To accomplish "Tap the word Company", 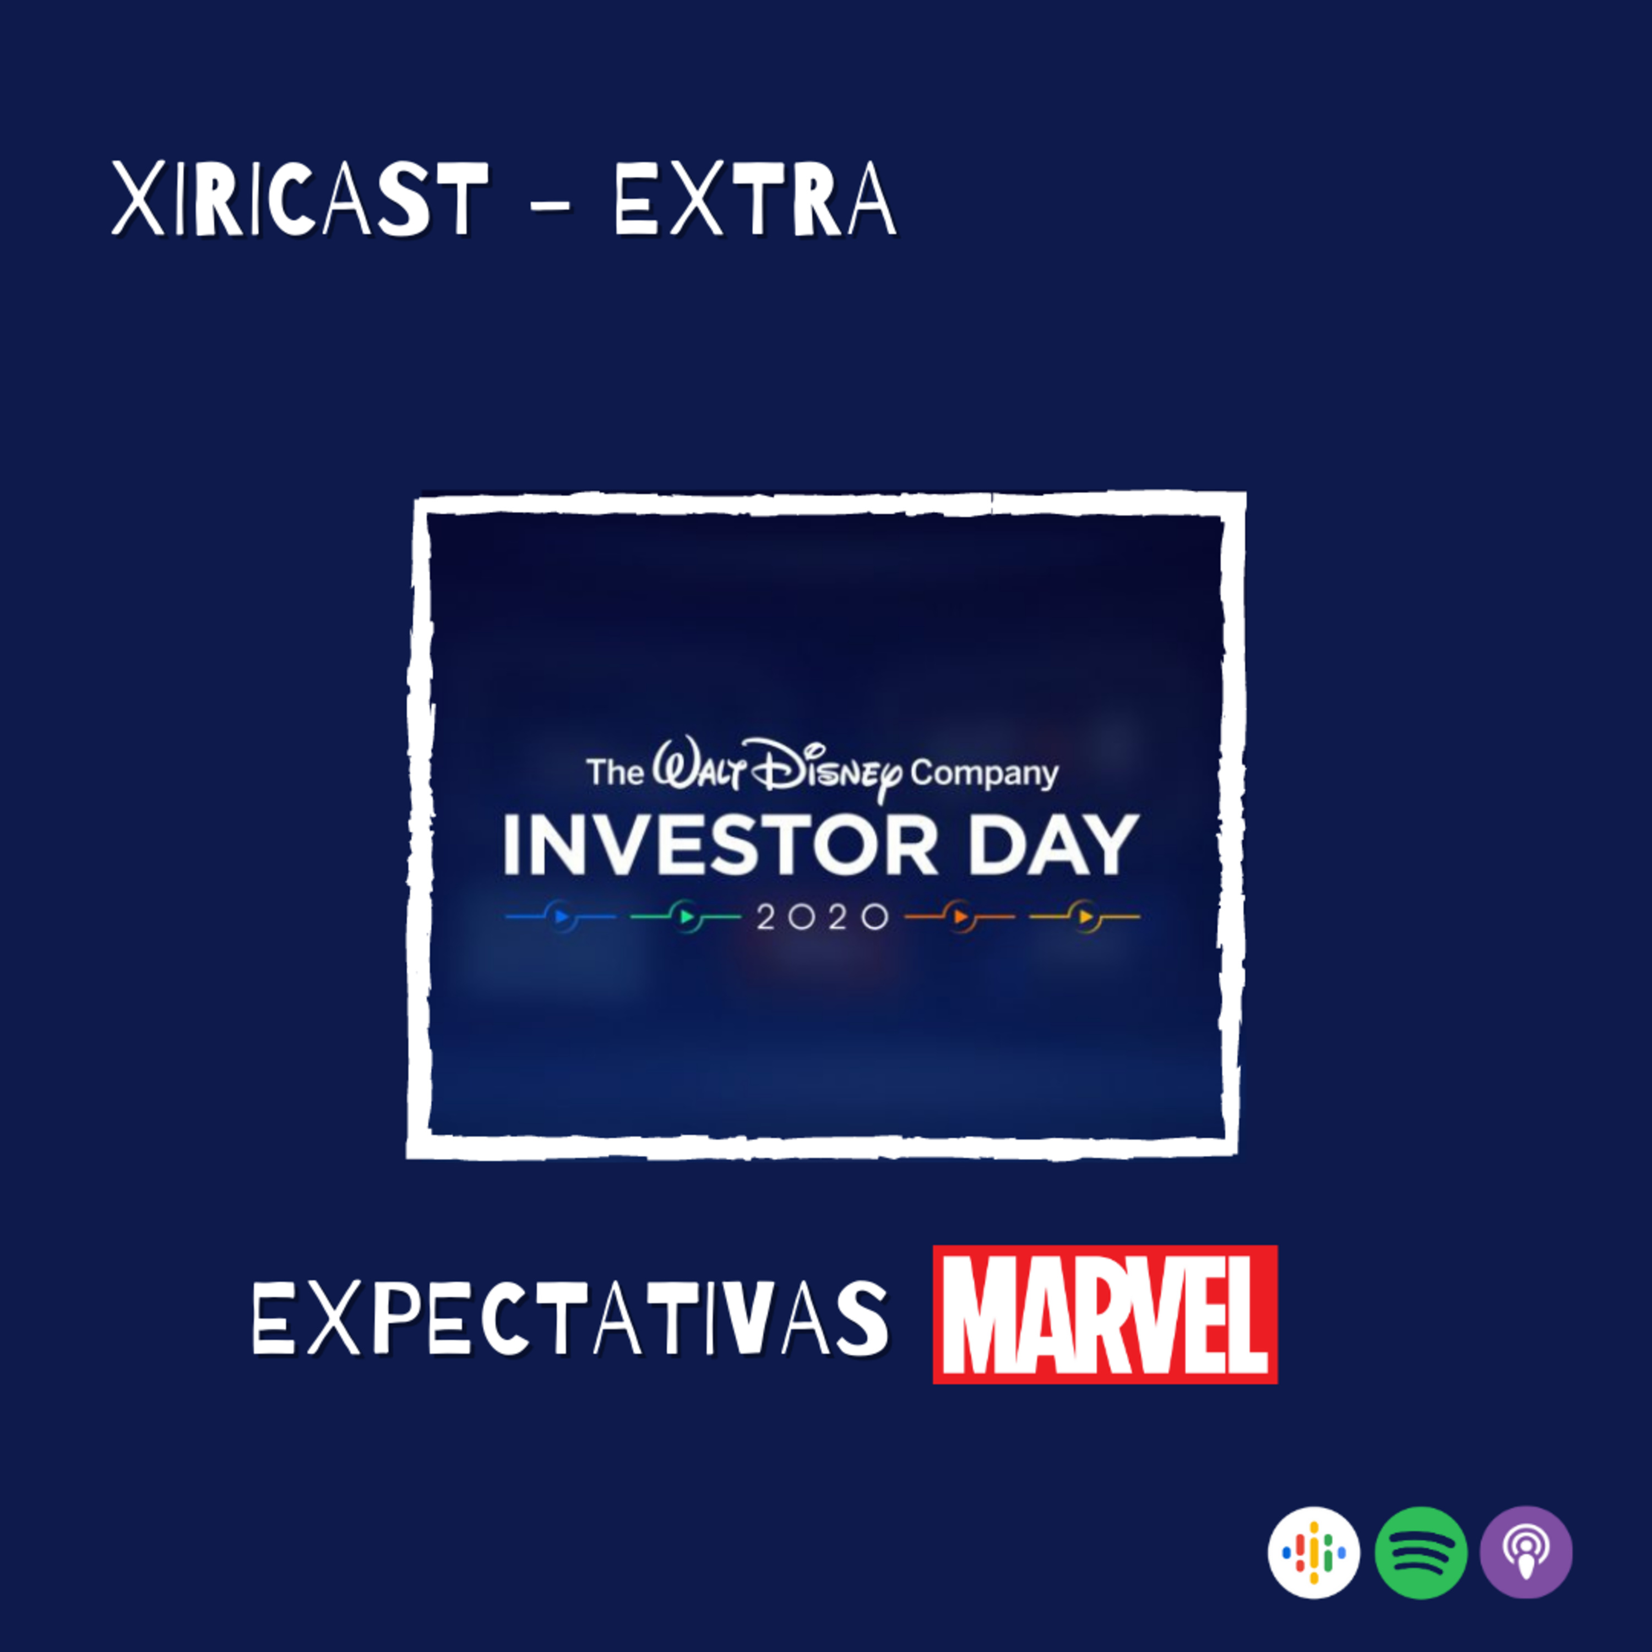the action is click(984, 774).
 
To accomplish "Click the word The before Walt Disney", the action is click(615, 773).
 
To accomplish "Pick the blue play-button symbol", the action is click(561, 917).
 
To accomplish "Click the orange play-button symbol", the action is click(960, 917).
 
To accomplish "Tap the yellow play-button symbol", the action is click(1085, 917).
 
